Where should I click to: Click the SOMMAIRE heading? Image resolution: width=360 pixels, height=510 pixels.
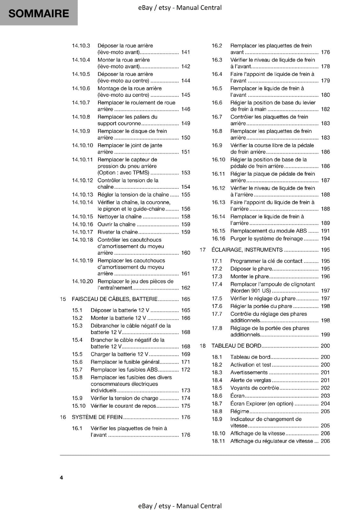(39, 13)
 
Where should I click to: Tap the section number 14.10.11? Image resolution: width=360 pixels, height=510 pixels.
(82, 159)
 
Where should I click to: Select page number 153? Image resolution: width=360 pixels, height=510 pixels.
(185, 172)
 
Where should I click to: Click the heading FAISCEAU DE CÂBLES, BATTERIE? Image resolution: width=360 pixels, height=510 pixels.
(115, 299)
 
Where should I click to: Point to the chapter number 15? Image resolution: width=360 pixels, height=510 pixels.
(63, 299)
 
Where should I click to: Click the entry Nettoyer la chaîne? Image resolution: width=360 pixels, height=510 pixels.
(119, 216)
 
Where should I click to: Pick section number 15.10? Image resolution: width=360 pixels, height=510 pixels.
(79, 406)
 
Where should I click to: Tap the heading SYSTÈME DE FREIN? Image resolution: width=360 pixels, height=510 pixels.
(97, 417)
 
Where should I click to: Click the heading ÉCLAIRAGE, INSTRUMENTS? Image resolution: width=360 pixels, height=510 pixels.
(247, 250)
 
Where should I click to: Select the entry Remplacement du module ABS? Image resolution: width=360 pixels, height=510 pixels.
(269, 231)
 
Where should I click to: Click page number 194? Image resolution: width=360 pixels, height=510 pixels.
(325, 238)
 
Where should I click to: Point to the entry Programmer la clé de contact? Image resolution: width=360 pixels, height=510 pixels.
(266, 261)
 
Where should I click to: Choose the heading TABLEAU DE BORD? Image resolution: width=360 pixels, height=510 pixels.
(236, 346)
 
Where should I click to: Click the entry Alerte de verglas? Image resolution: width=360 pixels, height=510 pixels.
(251, 380)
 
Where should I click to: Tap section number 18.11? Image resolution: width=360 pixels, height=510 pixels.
(218, 441)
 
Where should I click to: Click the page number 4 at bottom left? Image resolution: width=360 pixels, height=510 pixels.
(61, 477)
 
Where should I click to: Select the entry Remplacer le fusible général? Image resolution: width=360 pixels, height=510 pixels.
(125, 362)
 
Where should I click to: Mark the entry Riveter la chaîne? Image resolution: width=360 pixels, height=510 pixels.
(118, 232)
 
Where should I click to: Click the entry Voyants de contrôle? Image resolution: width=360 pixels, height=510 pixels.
(255, 388)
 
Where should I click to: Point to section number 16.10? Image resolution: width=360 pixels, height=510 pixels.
(218, 159)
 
